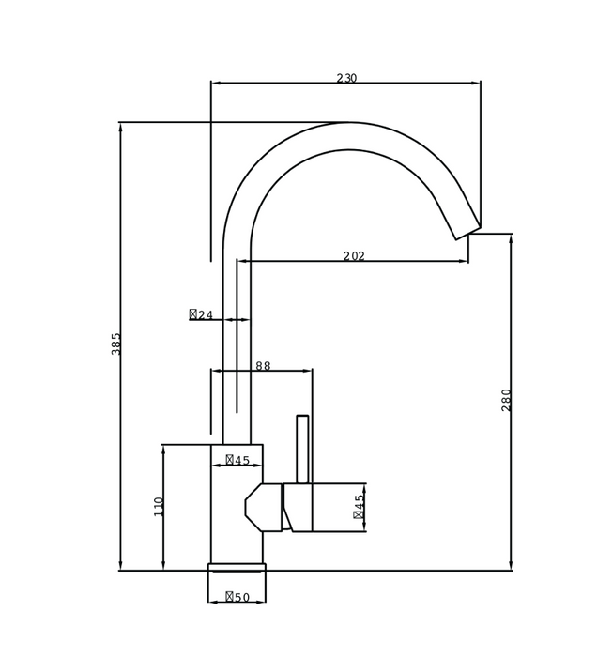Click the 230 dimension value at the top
346,79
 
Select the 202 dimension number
354,256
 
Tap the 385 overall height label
116,343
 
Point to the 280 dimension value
507,399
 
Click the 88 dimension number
263,366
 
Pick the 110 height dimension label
159,506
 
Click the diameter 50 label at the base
237,597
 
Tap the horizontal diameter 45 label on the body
237,460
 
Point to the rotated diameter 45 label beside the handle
360,507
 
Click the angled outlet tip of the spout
467,233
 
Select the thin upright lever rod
302,449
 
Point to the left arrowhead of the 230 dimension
214,83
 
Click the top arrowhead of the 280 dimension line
511,237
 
